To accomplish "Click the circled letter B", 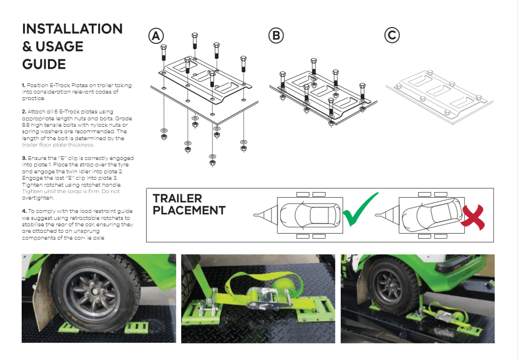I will [x=276, y=36].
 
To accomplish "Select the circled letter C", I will [x=392, y=36].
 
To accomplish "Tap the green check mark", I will [x=359, y=210].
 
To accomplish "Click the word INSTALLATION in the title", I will [x=72, y=29].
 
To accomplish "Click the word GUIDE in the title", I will [x=44, y=64].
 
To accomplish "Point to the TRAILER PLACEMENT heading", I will [x=189, y=205].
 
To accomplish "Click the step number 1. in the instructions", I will [x=24, y=85].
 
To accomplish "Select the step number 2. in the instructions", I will [x=24, y=112].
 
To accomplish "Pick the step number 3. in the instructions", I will [x=24, y=158].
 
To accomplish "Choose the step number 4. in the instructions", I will [x=24, y=211].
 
